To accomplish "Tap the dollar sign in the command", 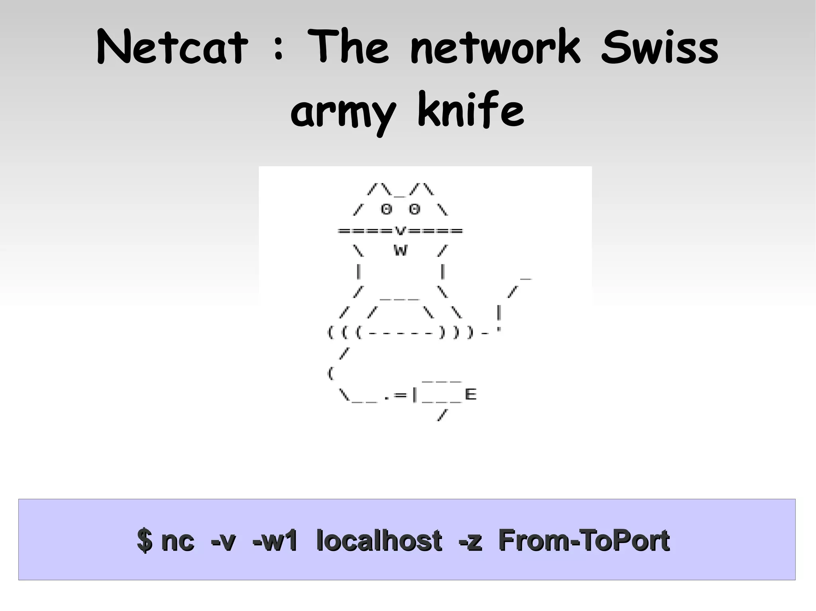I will [x=145, y=541].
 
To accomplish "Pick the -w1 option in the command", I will [x=275, y=541].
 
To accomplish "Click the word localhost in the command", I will [x=379, y=540].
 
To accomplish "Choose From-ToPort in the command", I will [x=584, y=540].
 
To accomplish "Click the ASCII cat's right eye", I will [x=415, y=209].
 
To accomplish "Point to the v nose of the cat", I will [x=400, y=230].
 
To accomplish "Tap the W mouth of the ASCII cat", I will [x=400, y=251].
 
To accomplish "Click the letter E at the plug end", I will [x=471, y=394].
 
